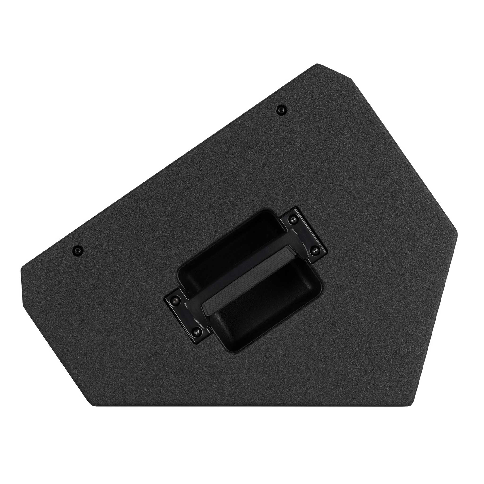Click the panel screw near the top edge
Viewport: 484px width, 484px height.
[281, 109]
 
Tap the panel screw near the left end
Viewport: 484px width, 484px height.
[77, 250]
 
